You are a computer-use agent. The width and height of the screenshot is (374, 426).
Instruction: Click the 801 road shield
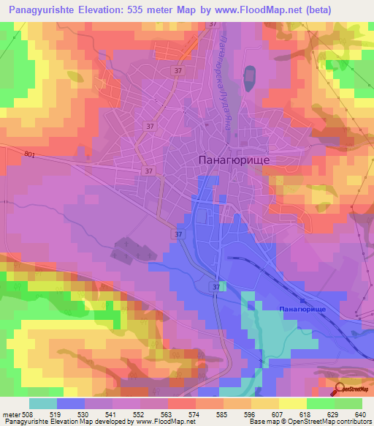point(30,154)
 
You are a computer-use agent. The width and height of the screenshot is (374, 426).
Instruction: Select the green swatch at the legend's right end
point(348,403)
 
